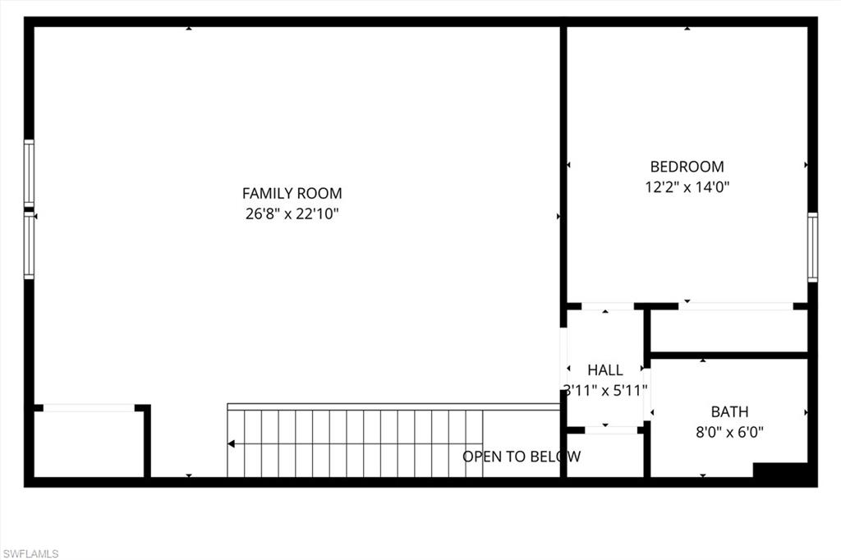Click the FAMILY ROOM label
pyautogui.click(x=292, y=194)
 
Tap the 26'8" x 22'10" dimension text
pyautogui.click(x=292, y=214)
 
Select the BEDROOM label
pyautogui.click(x=687, y=167)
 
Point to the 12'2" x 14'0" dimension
pyautogui.click(x=687, y=187)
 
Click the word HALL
pyautogui.click(x=605, y=370)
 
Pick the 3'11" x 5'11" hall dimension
pyautogui.click(x=605, y=390)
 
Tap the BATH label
pyautogui.click(x=729, y=411)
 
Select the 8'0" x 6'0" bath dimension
pyautogui.click(x=729, y=432)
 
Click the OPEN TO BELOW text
pyautogui.click(x=522, y=457)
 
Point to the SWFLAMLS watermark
pyautogui.click(x=30, y=553)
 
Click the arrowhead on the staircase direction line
pyautogui.click(x=232, y=444)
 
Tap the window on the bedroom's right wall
pyautogui.click(x=812, y=247)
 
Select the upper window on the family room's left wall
pyautogui.click(x=30, y=173)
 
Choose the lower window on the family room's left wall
pyautogui.click(x=30, y=246)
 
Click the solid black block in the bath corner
pyautogui.click(x=781, y=472)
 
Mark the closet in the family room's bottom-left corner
pyautogui.click(x=89, y=443)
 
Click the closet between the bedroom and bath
pyautogui.click(x=728, y=331)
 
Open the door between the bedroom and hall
pyautogui.click(x=607, y=306)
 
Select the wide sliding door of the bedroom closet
pyautogui.click(x=735, y=306)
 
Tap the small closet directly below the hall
pyautogui.click(x=605, y=455)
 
